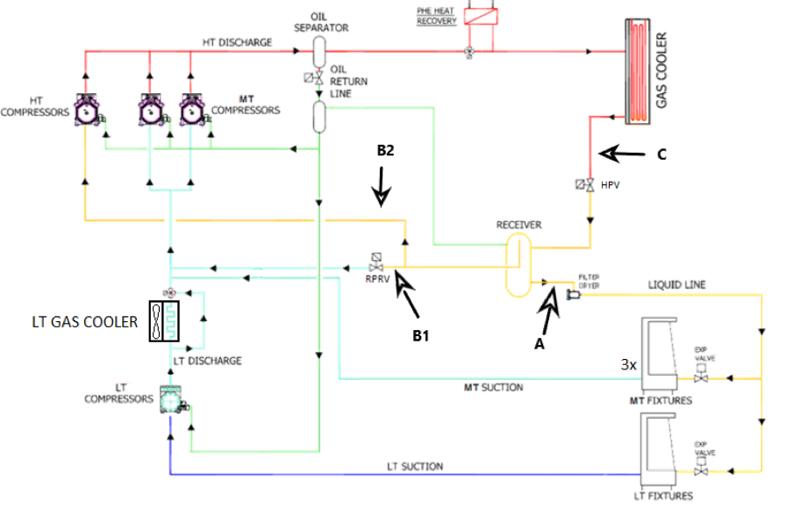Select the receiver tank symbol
click(x=518, y=263)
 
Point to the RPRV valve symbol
click(x=376, y=262)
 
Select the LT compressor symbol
click(x=170, y=398)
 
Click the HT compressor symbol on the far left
click(x=85, y=111)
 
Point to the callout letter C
click(x=663, y=154)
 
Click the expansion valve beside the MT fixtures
click(x=700, y=378)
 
